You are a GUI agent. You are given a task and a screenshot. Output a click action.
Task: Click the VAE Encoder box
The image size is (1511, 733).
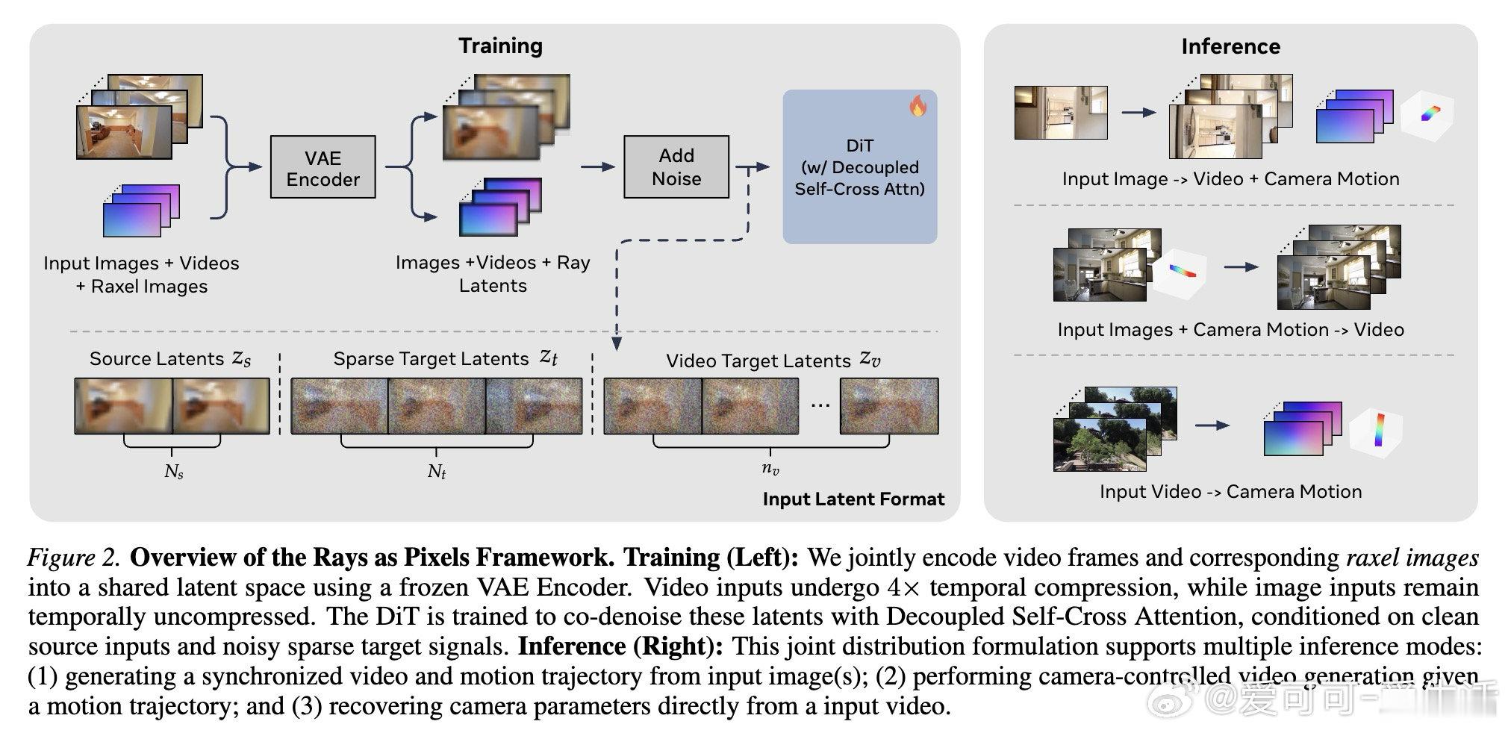point(323,167)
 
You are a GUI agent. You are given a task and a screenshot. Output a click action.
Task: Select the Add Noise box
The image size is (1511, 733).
point(676,167)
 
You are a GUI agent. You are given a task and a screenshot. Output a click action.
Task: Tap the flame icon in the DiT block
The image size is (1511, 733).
point(917,106)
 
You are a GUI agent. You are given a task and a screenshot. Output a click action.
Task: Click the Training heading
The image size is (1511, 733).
point(500,46)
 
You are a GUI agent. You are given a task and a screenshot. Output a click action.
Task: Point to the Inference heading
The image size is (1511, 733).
point(1230,46)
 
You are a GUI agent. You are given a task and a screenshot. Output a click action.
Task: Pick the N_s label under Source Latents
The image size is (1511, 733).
point(173,472)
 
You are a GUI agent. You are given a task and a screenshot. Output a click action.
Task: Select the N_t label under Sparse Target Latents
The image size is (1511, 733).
point(437,472)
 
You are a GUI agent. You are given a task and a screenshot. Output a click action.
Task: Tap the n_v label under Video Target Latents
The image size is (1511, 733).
point(770,470)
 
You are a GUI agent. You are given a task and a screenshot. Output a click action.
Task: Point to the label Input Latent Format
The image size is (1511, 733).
point(853,499)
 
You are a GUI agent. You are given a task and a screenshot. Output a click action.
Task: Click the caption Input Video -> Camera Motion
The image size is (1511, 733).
point(1230,491)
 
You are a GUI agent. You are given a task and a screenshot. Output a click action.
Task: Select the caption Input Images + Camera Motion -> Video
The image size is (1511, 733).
point(1230,329)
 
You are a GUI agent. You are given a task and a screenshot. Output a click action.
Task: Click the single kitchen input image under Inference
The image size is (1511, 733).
point(1060,113)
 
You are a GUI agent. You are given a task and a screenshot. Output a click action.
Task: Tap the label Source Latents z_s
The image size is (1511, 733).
point(170,359)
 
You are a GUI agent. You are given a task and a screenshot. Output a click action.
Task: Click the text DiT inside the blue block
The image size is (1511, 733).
point(859,146)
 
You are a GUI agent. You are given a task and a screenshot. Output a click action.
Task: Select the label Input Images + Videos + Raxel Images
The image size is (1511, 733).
point(141,275)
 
